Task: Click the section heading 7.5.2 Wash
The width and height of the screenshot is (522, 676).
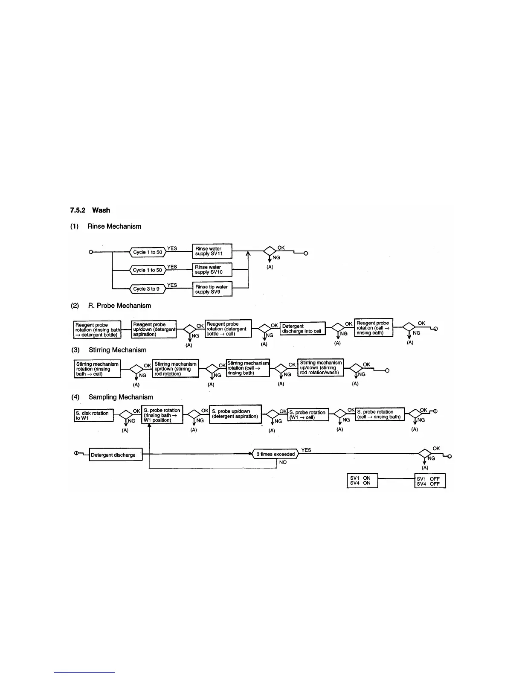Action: click(90, 210)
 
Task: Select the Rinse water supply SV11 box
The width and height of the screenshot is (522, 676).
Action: click(212, 251)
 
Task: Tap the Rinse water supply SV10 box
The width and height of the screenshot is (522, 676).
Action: click(212, 270)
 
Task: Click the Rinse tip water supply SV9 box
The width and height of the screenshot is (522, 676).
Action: click(212, 289)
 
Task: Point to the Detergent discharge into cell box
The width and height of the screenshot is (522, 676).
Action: click(302, 329)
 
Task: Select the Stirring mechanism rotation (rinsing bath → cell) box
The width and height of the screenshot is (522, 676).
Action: click(97, 369)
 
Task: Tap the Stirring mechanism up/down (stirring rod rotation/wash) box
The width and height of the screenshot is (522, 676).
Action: click(320, 368)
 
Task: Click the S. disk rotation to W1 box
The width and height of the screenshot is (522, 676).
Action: click(94, 416)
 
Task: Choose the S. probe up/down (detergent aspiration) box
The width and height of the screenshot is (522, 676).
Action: click(235, 414)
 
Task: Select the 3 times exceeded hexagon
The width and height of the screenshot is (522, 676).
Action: click(275, 454)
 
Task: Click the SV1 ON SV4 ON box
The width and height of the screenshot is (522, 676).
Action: click(362, 481)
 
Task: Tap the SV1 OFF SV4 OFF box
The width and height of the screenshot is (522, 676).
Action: click(429, 481)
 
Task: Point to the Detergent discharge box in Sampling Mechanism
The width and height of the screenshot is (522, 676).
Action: click(115, 455)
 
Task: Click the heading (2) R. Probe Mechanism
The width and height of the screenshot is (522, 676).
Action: click(110, 306)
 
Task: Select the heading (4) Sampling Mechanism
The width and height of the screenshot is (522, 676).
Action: click(112, 397)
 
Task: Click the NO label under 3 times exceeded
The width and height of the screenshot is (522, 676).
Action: click(283, 462)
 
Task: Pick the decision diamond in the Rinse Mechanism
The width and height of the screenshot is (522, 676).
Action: click(270, 251)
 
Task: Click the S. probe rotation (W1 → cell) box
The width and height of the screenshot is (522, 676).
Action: click(308, 415)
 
